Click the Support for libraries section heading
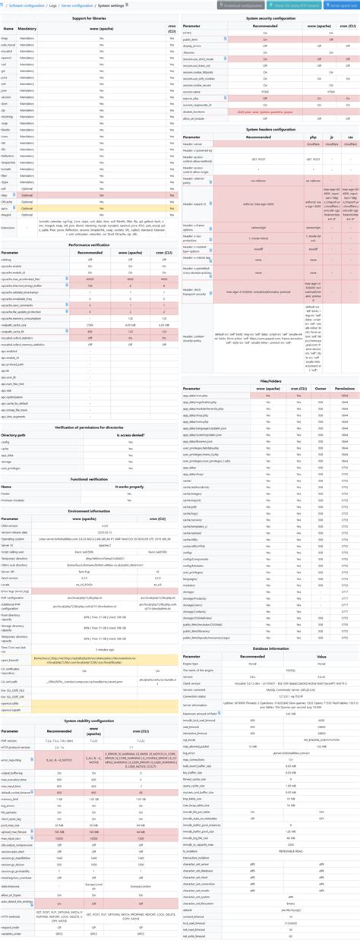(x=89, y=17)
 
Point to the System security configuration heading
(x=270, y=17)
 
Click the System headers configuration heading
(x=270, y=130)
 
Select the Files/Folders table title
(x=270, y=382)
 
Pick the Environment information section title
(x=89, y=512)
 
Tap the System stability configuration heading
(x=89, y=720)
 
